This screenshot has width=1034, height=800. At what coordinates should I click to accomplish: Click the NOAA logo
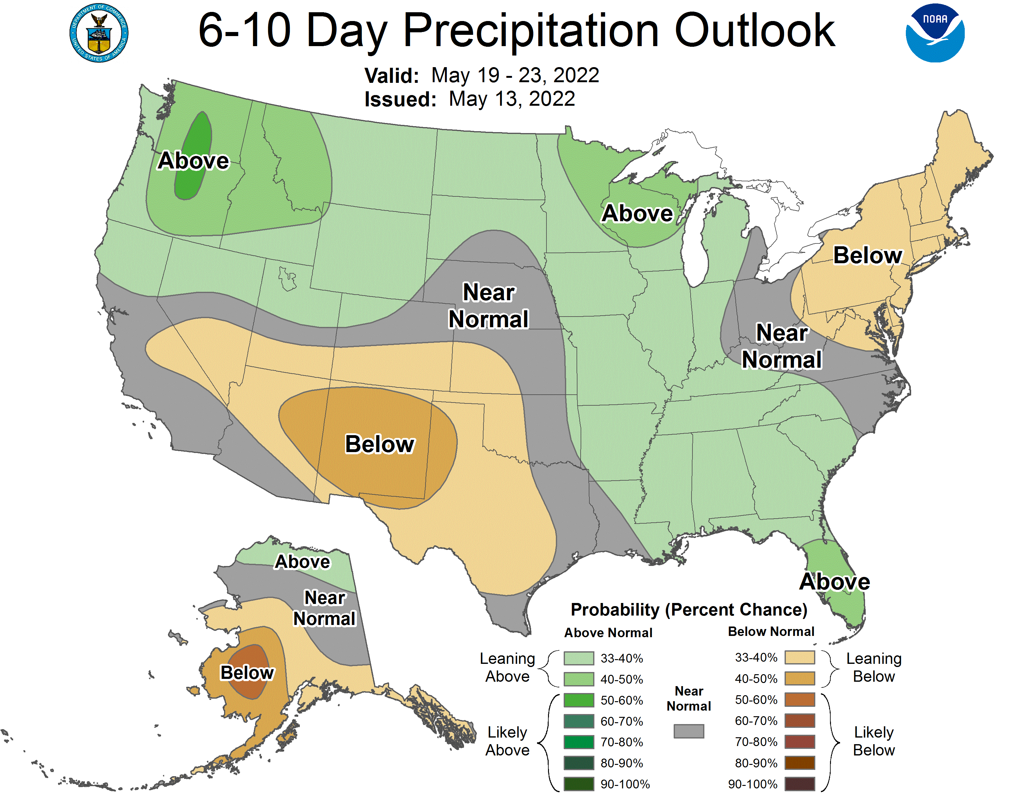pyautogui.click(x=935, y=33)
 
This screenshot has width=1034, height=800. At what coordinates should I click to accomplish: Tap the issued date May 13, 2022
pyautogui.click(x=511, y=99)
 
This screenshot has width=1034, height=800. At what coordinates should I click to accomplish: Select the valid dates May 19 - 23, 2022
pyautogui.click(x=515, y=75)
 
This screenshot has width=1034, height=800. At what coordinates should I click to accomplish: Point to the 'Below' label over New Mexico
pyautogui.click(x=380, y=444)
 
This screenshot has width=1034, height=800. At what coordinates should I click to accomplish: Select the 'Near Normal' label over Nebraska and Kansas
pyautogui.click(x=488, y=306)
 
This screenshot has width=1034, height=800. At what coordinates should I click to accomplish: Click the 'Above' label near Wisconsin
pyautogui.click(x=637, y=213)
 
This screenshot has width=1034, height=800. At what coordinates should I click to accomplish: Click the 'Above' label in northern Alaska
pyautogui.click(x=303, y=562)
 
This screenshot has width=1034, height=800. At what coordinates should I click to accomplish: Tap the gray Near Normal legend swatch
pyautogui.click(x=688, y=731)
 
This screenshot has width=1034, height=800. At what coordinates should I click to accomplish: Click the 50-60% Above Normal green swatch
pyautogui.click(x=578, y=700)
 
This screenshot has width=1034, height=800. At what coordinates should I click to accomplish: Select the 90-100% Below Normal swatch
pyautogui.click(x=800, y=784)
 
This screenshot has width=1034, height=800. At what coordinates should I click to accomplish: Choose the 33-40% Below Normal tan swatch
pyautogui.click(x=800, y=657)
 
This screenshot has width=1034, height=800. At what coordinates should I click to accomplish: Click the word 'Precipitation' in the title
pyautogui.click(x=531, y=31)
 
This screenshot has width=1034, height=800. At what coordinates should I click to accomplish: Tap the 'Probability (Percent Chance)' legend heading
pyautogui.click(x=689, y=610)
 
